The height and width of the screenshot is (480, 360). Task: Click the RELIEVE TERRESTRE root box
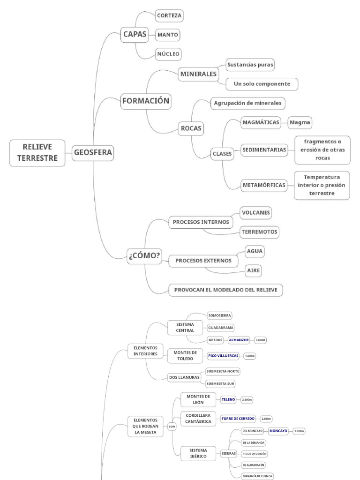37,153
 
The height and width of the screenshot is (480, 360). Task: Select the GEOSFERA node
93,152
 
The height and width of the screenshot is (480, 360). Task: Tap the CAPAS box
134,34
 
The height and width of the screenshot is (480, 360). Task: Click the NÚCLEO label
168,54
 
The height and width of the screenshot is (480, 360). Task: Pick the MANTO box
167,35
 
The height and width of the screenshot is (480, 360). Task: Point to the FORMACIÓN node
145,101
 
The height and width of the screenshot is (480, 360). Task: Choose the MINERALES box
198,74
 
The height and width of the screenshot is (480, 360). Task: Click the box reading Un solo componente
262,84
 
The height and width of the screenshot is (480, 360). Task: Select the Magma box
300,122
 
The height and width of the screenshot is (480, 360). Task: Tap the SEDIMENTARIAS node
264,150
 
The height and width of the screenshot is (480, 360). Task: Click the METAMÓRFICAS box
264,185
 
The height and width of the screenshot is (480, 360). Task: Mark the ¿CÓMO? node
144,256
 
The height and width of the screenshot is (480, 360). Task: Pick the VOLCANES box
255,212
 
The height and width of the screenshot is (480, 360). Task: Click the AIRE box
253,270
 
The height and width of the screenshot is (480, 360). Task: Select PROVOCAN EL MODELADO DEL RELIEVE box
225,290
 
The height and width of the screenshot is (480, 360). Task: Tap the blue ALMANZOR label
239,340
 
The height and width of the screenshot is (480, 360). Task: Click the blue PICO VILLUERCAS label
223,356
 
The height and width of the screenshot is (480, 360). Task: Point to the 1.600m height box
249,356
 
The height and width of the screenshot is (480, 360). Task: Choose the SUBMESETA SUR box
220,383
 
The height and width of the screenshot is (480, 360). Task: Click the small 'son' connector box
172,427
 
